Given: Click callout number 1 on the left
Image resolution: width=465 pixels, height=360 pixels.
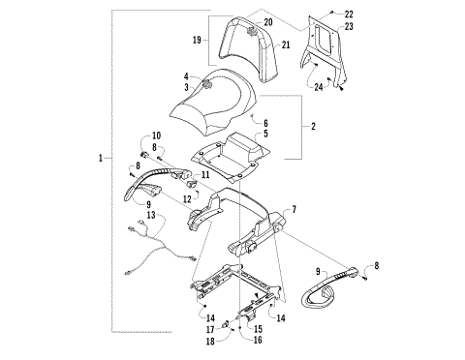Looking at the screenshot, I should tap(101, 157).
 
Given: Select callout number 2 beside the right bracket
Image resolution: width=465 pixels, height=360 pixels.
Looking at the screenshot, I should tap(312, 126).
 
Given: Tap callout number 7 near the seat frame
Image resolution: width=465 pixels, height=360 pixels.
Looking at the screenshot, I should tap(294, 210).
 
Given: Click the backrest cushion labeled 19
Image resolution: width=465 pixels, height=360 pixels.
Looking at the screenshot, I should tap(243, 54).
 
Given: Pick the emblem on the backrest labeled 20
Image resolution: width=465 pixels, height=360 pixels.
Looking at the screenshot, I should tap(255, 30).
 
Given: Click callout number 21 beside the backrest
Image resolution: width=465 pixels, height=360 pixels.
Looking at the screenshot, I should tap(287, 45).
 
